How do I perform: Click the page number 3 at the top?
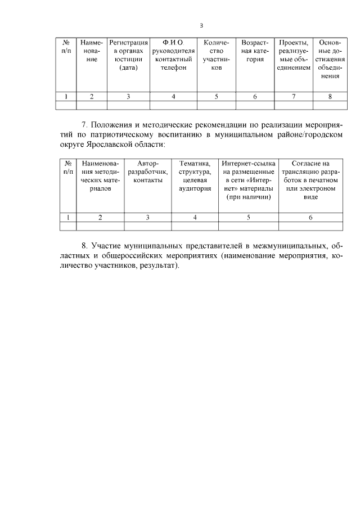(x=201, y=25)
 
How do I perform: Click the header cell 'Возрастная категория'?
(x=255, y=51)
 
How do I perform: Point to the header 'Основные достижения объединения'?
(x=330, y=58)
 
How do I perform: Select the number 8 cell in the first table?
(x=330, y=97)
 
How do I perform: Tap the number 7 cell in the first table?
(x=293, y=97)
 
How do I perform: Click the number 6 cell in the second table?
(x=310, y=217)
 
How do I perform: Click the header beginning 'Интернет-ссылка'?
(x=248, y=179)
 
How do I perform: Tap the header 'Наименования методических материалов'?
(x=100, y=175)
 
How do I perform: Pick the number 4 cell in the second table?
(x=195, y=217)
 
